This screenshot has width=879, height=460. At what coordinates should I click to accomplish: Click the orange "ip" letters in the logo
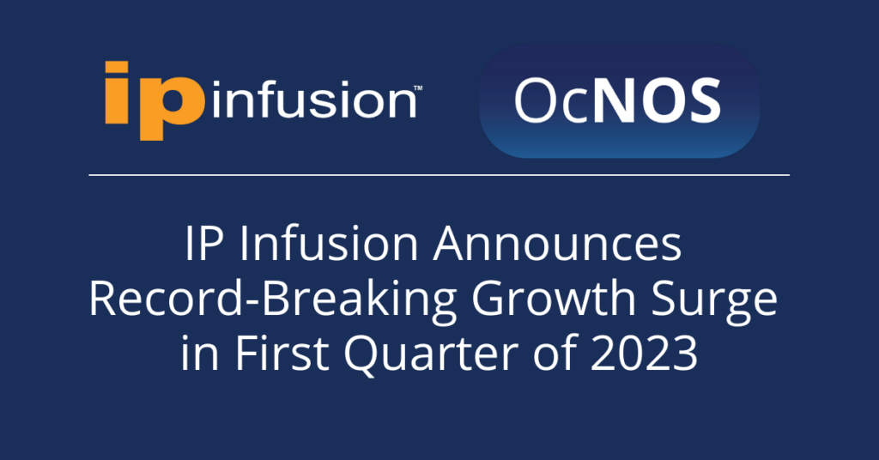(x=155, y=101)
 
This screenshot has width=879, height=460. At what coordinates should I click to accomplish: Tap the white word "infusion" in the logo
(x=314, y=100)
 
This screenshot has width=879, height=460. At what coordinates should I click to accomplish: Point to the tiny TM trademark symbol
(x=418, y=88)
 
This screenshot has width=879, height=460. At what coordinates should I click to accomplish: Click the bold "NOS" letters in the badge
(x=657, y=101)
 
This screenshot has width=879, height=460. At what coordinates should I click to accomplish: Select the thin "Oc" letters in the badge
(x=552, y=101)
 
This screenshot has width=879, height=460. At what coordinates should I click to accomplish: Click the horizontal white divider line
(x=439, y=175)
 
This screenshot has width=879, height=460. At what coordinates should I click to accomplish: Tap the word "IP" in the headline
(x=204, y=245)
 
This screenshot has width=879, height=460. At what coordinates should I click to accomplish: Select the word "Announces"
(x=558, y=245)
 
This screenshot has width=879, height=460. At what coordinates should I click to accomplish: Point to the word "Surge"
(x=714, y=301)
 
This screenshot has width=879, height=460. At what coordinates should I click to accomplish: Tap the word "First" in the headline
(x=282, y=353)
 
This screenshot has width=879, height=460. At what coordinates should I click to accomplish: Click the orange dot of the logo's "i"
(x=117, y=68)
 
